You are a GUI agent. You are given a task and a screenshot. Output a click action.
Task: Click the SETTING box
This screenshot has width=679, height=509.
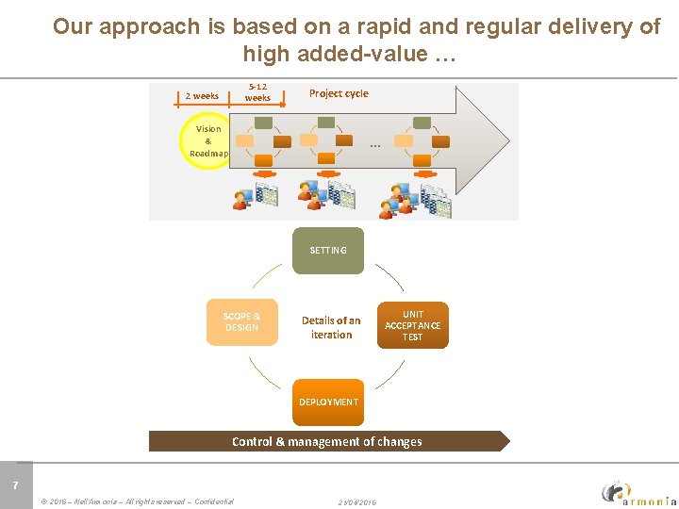point(327,250)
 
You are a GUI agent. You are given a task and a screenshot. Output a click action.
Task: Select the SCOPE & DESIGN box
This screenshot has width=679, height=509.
point(241,322)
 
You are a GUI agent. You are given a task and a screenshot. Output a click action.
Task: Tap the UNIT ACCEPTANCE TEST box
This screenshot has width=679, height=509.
point(412,325)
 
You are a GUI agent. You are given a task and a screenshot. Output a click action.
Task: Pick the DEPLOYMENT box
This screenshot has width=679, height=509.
point(328,402)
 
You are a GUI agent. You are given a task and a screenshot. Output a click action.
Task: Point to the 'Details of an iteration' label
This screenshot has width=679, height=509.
point(331,327)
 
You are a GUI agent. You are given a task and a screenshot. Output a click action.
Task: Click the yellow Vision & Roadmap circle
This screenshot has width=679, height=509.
point(207,141)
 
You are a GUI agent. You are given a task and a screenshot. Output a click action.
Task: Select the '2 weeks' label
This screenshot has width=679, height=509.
point(202,95)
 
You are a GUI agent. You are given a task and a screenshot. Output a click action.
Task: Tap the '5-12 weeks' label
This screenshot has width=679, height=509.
point(257,92)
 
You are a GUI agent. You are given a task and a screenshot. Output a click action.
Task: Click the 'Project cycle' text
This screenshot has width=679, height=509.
point(339,93)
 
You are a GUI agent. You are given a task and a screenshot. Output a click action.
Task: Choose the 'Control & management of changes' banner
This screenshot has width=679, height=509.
point(327,441)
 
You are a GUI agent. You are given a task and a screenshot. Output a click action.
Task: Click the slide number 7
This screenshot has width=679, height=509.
point(14,485)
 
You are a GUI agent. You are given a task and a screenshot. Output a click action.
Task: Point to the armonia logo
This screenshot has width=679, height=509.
point(638,492)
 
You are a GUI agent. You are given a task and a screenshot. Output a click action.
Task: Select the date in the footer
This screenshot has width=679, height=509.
point(357,501)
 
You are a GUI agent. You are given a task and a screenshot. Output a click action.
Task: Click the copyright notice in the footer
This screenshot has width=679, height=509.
point(138,501)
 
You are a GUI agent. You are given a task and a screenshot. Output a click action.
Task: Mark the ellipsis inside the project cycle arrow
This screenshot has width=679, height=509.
point(375,145)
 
